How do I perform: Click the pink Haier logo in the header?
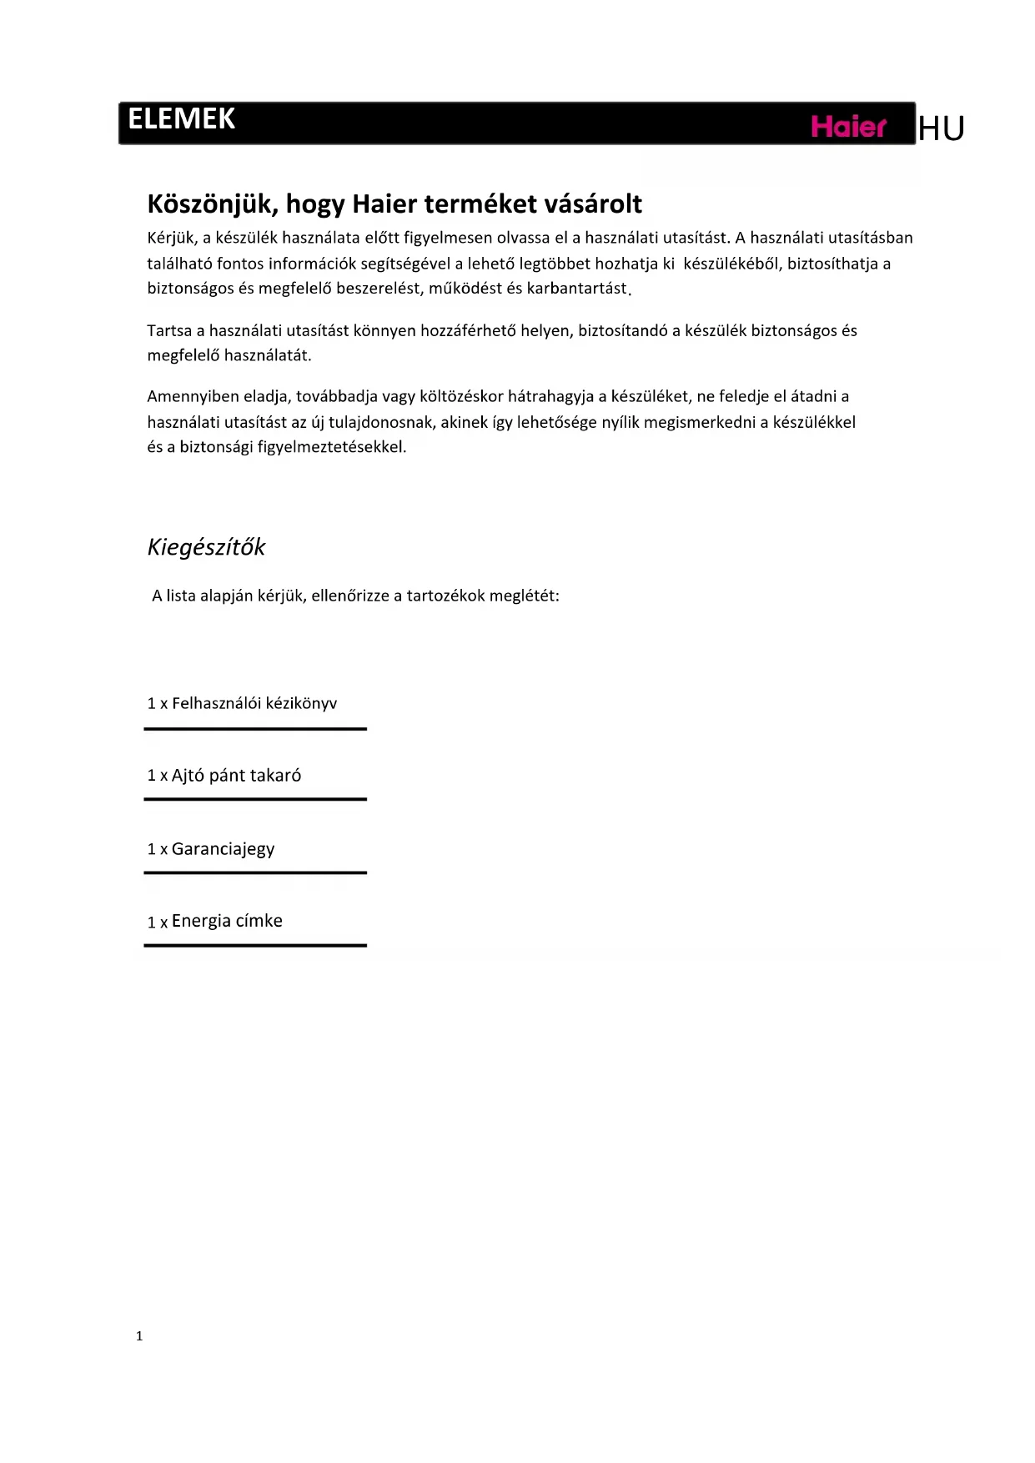coord(848,127)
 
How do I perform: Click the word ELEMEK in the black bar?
coord(182,119)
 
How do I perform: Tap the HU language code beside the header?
coord(942,128)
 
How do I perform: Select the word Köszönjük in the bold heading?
coord(212,204)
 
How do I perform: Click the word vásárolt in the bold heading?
coord(593,204)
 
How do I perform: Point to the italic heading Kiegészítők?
coord(206,547)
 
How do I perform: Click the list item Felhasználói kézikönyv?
coord(254,703)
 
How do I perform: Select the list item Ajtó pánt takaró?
coord(236,776)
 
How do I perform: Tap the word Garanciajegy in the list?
coord(223,849)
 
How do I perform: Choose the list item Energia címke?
coord(227,921)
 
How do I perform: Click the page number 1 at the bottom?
coord(139,1336)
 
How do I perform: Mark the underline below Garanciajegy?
coord(255,872)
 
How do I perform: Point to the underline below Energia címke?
coord(255,945)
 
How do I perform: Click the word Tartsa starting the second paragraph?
coord(169,330)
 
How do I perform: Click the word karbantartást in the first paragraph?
coord(576,289)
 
